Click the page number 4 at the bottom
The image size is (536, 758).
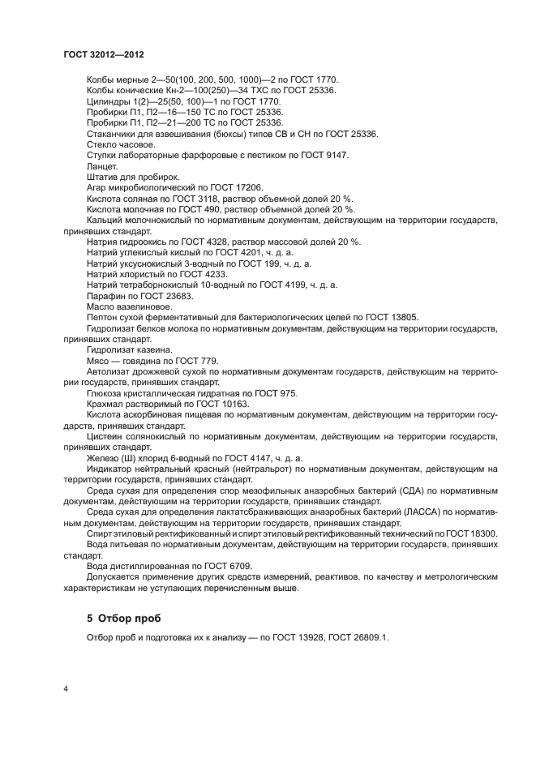[65, 689]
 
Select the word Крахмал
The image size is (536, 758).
[107, 404]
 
